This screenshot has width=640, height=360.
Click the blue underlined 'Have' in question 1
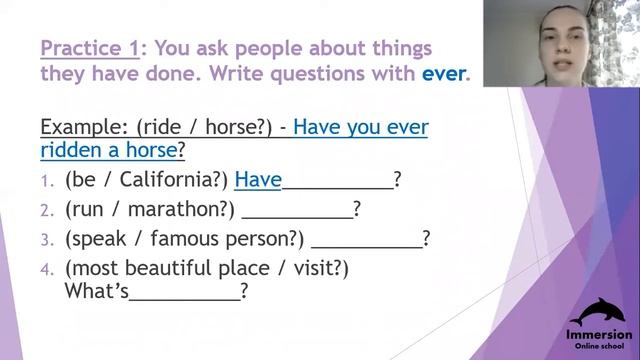pos(257,180)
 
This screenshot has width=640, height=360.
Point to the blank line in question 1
pos(337,184)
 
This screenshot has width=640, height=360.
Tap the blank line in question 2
pos(297,214)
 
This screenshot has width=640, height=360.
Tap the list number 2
pos(46,210)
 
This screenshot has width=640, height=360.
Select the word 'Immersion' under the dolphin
pos(599,334)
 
